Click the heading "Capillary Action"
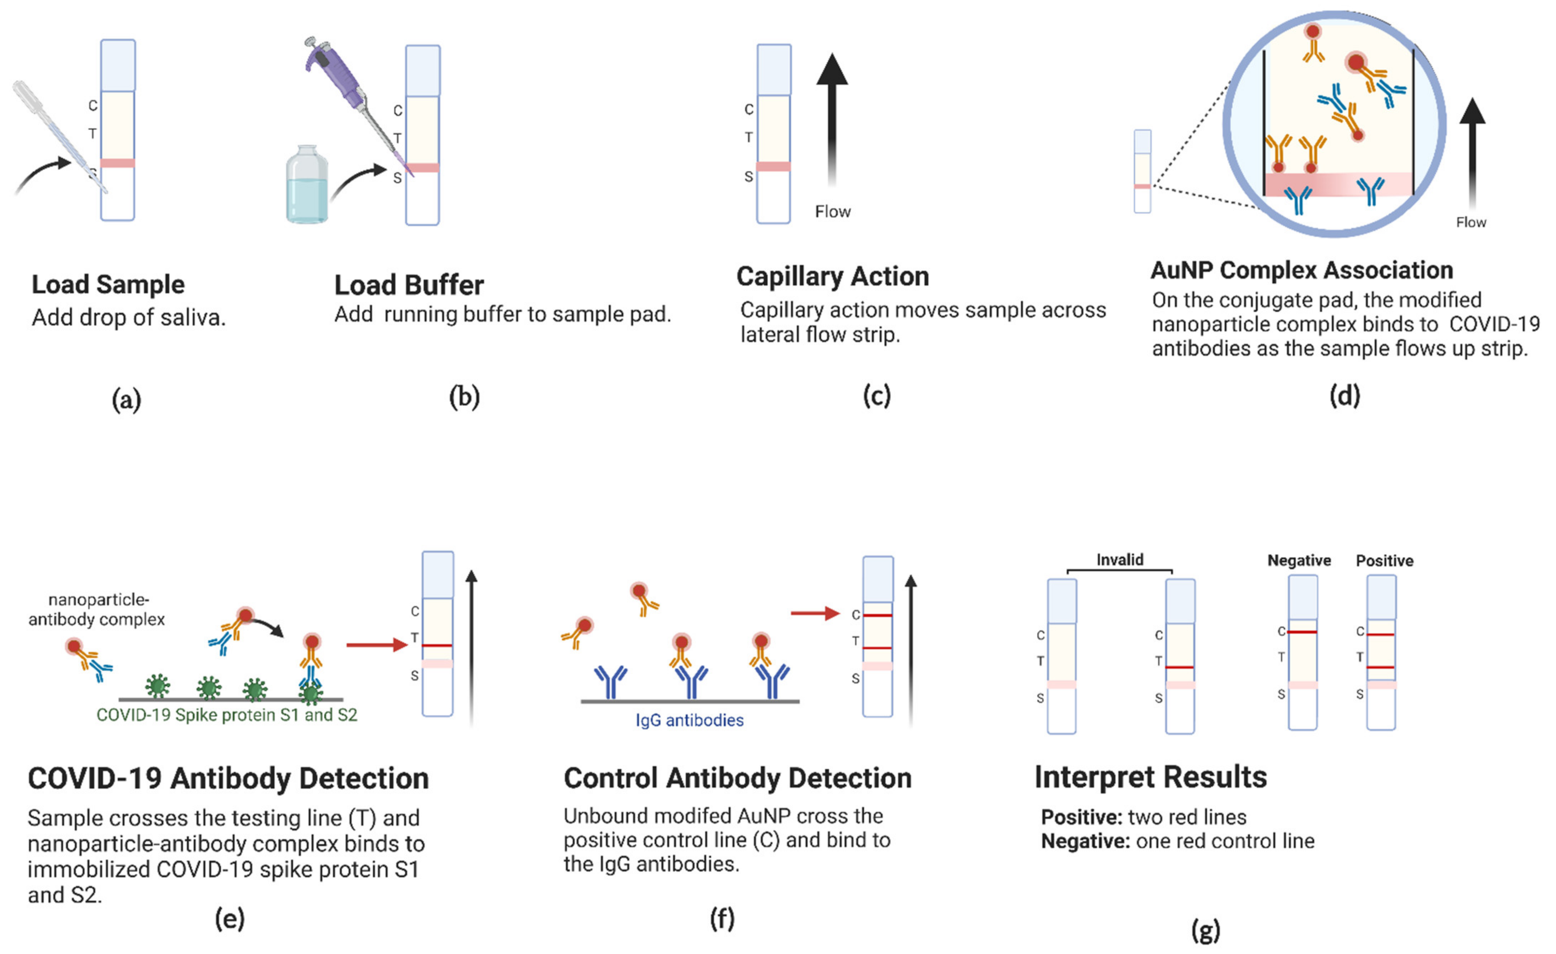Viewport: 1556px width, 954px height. tap(832, 277)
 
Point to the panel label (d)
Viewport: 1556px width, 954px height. tap(1344, 396)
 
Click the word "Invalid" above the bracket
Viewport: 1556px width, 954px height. tap(1120, 560)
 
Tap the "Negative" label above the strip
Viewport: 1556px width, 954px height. tap(1299, 560)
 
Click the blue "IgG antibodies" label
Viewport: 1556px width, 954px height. tap(690, 720)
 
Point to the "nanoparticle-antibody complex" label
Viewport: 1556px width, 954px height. tap(97, 610)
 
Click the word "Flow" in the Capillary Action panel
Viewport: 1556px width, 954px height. tap(832, 212)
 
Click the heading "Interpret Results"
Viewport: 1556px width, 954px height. tap(1150, 777)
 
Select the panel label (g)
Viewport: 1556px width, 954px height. tap(1205, 930)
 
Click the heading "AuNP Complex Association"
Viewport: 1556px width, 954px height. tap(1302, 271)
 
